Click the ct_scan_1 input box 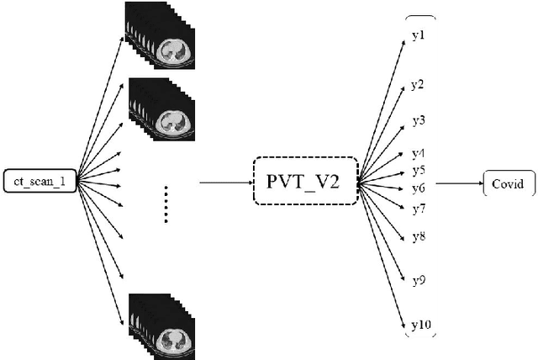pyautogui.click(x=40, y=181)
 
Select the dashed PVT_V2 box pyautogui.click(x=305, y=180)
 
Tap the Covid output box pyautogui.click(x=509, y=181)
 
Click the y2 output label pyautogui.click(x=418, y=85)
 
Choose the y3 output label pyautogui.click(x=418, y=120)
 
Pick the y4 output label pyautogui.click(x=418, y=153)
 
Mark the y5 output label pyautogui.click(x=418, y=171)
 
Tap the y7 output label pyautogui.click(x=418, y=207)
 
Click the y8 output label pyautogui.click(x=418, y=236)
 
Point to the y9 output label pyautogui.click(x=418, y=278)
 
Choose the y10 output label pyautogui.click(x=419, y=324)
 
